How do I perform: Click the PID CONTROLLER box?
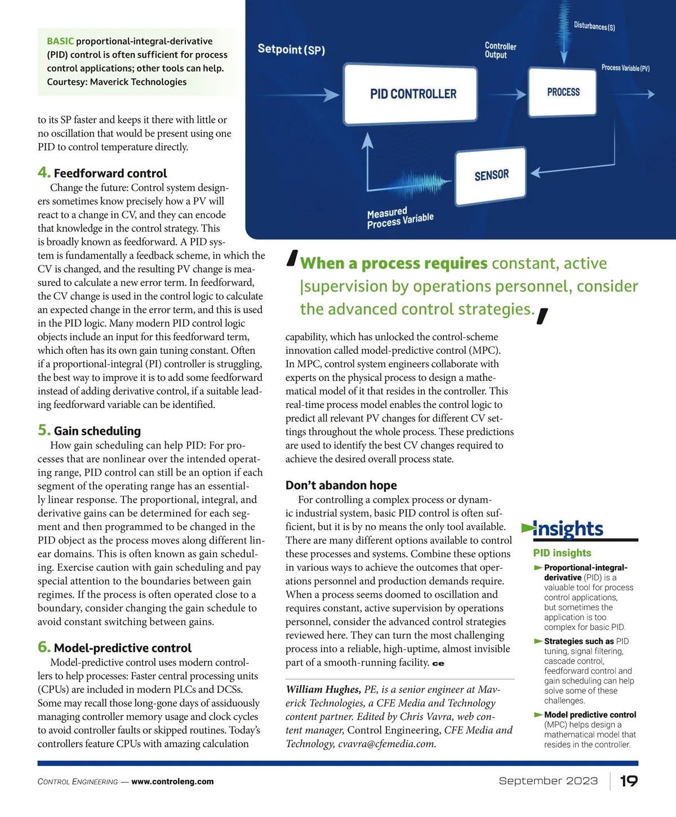pyautogui.click(x=412, y=94)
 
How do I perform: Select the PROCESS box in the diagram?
pyautogui.click(x=563, y=92)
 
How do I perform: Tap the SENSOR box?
pyautogui.click(x=491, y=175)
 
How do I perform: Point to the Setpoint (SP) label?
pyautogui.click(x=291, y=50)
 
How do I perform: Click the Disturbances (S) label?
pyautogui.click(x=594, y=26)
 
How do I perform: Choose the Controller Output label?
pyautogui.click(x=500, y=50)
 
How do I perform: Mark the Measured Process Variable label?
pyautogui.click(x=400, y=218)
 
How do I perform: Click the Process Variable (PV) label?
pyautogui.click(x=625, y=68)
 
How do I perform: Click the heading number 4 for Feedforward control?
pyautogui.click(x=44, y=172)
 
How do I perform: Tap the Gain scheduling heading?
pyautogui.click(x=97, y=431)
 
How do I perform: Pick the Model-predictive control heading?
pyautogui.click(x=122, y=648)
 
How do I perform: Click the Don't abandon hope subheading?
pyautogui.click(x=341, y=485)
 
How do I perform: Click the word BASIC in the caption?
pyautogui.click(x=60, y=41)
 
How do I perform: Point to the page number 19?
pyautogui.click(x=629, y=781)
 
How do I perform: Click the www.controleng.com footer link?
pyautogui.click(x=172, y=782)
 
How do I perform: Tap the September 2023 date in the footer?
pyautogui.click(x=548, y=781)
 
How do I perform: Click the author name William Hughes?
pyautogui.click(x=323, y=690)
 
